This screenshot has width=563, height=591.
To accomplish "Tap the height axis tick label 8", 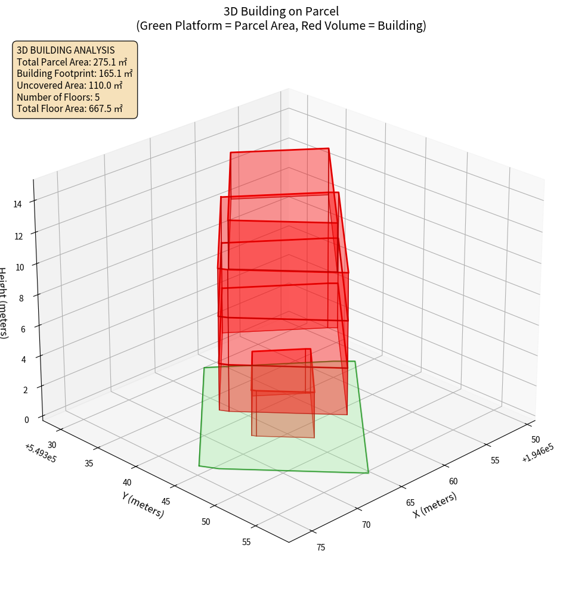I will [21, 297].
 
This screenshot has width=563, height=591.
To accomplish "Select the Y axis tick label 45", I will [166, 502].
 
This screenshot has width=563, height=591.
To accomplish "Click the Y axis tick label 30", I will [52, 444].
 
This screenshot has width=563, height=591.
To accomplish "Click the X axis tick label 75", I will [321, 547].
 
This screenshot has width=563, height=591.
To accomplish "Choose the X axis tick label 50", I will [535, 439].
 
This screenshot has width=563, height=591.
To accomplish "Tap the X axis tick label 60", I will [453, 481].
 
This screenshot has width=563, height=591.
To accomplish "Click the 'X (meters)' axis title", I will [435, 505].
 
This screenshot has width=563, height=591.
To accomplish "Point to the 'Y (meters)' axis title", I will [143, 504].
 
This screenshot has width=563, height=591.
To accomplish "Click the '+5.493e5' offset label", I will [40, 453].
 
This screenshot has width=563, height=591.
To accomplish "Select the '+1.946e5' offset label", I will [537, 453].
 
